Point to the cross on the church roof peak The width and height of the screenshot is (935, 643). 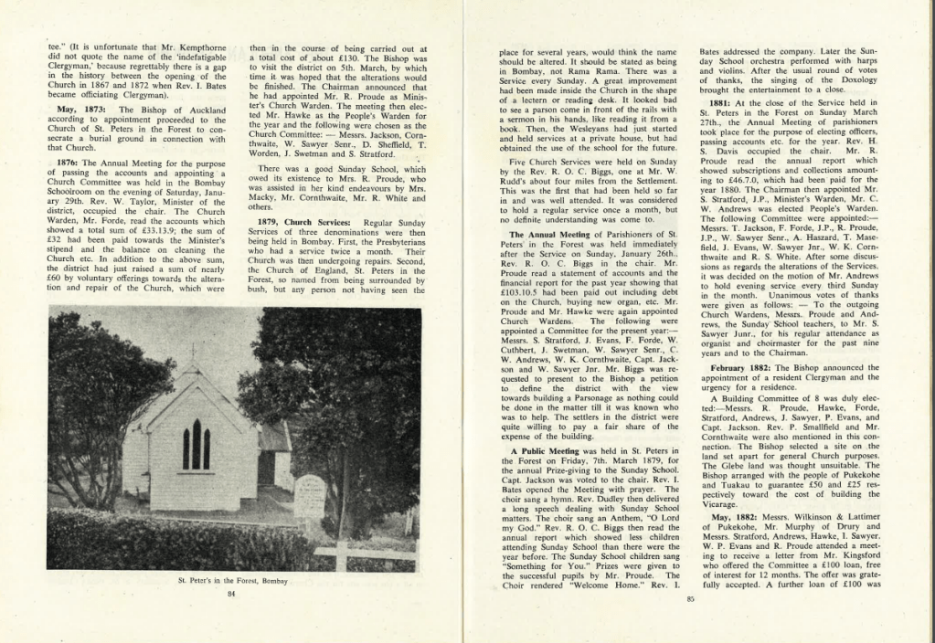click(193, 353)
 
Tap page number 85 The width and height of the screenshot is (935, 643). click(690, 599)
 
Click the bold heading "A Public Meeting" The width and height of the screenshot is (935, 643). click(545, 451)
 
